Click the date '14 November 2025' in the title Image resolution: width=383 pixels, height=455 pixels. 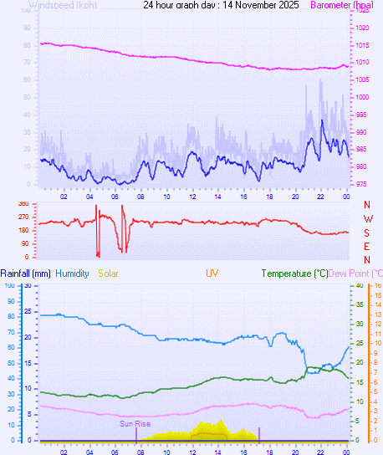pyautogui.click(x=252, y=5)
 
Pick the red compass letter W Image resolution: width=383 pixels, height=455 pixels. pyautogui.click(x=367, y=218)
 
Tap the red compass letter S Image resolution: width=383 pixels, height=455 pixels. pyautogui.click(x=367, y=232)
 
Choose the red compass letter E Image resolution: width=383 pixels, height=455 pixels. pyautogui.click(x=367, y=246)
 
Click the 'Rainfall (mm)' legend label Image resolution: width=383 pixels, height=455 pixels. pyautogui.click(x=26, y=274)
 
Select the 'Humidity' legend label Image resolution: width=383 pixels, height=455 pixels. pyautogui.click(x=73, y=274)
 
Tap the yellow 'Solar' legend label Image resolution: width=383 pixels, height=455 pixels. pyautogui.click(x=110, y=274)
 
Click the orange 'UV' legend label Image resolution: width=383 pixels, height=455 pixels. pyautogui.click(x=212, y=274)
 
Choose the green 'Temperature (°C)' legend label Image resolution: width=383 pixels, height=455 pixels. pyautogui.click(x=294, y=274)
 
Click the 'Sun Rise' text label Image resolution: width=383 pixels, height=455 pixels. pyautogui.click(x=135, y=424)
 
